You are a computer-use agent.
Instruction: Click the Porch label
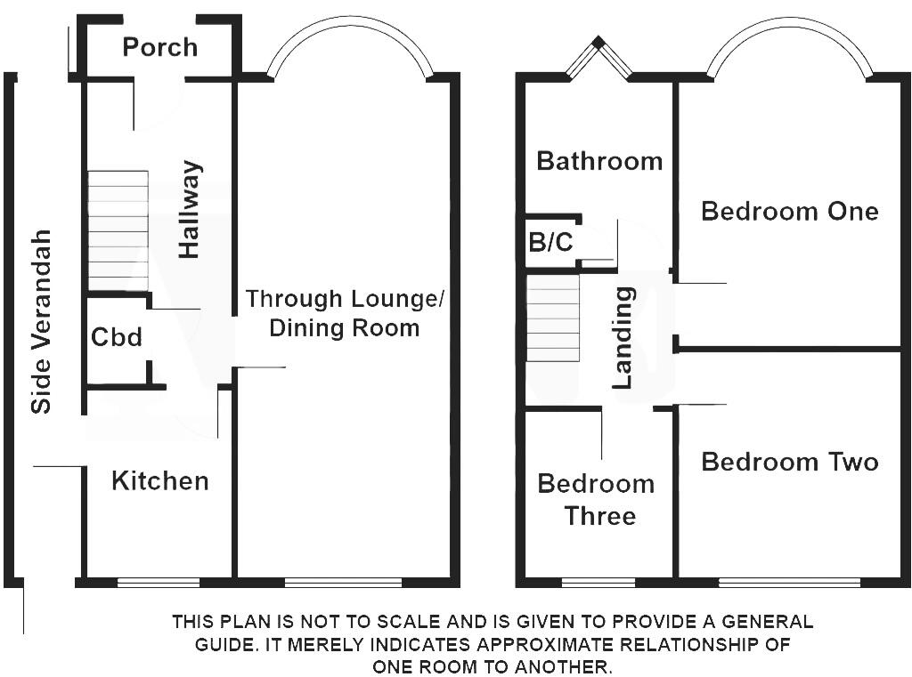click(x=160, y=48)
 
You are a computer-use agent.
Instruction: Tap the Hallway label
click(x=190, y=209)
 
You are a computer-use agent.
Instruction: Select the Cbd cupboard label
click(x=117, y=337)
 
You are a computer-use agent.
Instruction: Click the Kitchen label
click(x=160, y=481)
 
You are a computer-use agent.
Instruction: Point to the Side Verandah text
click(x=41, y=321)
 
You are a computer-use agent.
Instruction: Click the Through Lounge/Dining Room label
click(x=345, y=313)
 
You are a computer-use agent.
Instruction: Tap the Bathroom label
click(x=599, y=161)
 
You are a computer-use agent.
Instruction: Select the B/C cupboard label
click(x=550, y=242)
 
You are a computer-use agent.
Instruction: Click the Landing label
click(x=623, y=338)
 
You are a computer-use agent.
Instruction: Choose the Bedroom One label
click(x=790, y=211)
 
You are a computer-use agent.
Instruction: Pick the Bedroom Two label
click(x=790, y=462)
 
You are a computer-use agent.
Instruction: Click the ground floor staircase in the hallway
click(x=118, y=230)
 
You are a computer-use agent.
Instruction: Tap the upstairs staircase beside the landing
click(x=553, y=318)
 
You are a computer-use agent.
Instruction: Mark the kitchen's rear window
click(x=159, y=583)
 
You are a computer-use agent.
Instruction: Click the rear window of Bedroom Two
click(x=789, y=583)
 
